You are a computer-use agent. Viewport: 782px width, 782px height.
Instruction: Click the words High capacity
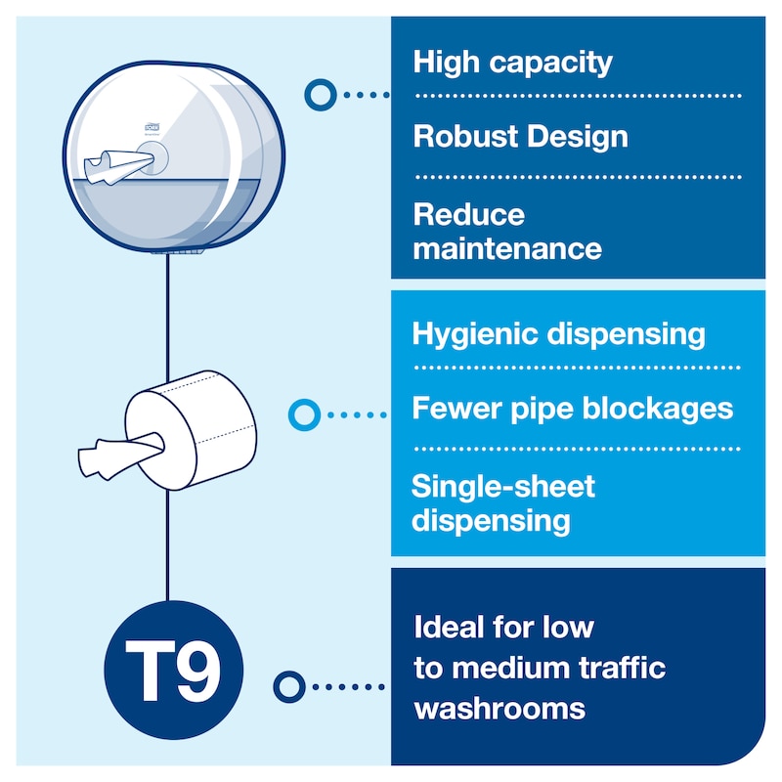coord(512,64)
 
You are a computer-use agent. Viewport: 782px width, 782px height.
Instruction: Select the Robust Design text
coord(521,137)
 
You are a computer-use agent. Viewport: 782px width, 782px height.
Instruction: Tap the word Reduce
coord(469,215)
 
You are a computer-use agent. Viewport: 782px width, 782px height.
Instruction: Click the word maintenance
coord(507,249)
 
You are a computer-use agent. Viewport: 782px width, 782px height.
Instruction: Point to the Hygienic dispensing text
coord(558,334)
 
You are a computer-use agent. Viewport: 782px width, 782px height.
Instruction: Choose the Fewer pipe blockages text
coord(573,409)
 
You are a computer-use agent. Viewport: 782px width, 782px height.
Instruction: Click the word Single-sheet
coord(503,486)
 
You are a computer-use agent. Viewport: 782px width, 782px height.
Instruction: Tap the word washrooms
coord(500,709)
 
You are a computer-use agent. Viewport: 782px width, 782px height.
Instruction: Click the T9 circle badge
coord(174,670)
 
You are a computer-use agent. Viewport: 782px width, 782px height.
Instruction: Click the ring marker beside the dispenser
coord(321,95)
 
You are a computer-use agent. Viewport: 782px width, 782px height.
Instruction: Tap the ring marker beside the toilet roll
coord(304,414)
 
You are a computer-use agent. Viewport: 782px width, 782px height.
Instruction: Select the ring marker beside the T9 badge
coord(289,687)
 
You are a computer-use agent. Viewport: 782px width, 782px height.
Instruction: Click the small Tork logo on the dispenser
coord(152,127)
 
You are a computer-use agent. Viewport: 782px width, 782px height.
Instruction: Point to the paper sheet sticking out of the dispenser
coord(118,166)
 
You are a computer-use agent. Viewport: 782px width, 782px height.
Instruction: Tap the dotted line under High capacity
coord(579,95)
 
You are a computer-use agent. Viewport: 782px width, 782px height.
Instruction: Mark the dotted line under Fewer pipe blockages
coord(578,449)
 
